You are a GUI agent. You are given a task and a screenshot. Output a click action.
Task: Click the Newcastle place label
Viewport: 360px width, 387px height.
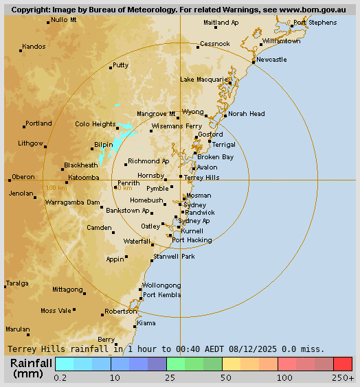(271, 60)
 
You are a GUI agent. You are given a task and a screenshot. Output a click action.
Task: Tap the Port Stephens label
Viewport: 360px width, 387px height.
(315, 23)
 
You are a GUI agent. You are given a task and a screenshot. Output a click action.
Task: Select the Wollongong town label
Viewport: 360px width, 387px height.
(161, 285)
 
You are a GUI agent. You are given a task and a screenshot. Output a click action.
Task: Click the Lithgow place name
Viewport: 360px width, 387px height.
(31, 143)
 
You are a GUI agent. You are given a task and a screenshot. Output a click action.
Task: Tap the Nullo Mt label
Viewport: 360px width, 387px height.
(64, 19)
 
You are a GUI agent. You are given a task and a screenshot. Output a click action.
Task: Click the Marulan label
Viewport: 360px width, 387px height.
(18, 329)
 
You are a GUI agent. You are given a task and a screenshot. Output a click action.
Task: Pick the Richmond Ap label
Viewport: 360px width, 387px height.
(148, 161)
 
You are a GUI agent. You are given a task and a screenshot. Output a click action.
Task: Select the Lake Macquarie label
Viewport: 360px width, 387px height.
(204, 80)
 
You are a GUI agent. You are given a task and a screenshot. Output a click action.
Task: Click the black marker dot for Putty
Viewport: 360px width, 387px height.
(111, 68)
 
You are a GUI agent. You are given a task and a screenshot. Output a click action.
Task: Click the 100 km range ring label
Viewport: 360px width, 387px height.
(56, 188)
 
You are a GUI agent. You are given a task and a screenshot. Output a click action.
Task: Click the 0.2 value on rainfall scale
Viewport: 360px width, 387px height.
(60, 378)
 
